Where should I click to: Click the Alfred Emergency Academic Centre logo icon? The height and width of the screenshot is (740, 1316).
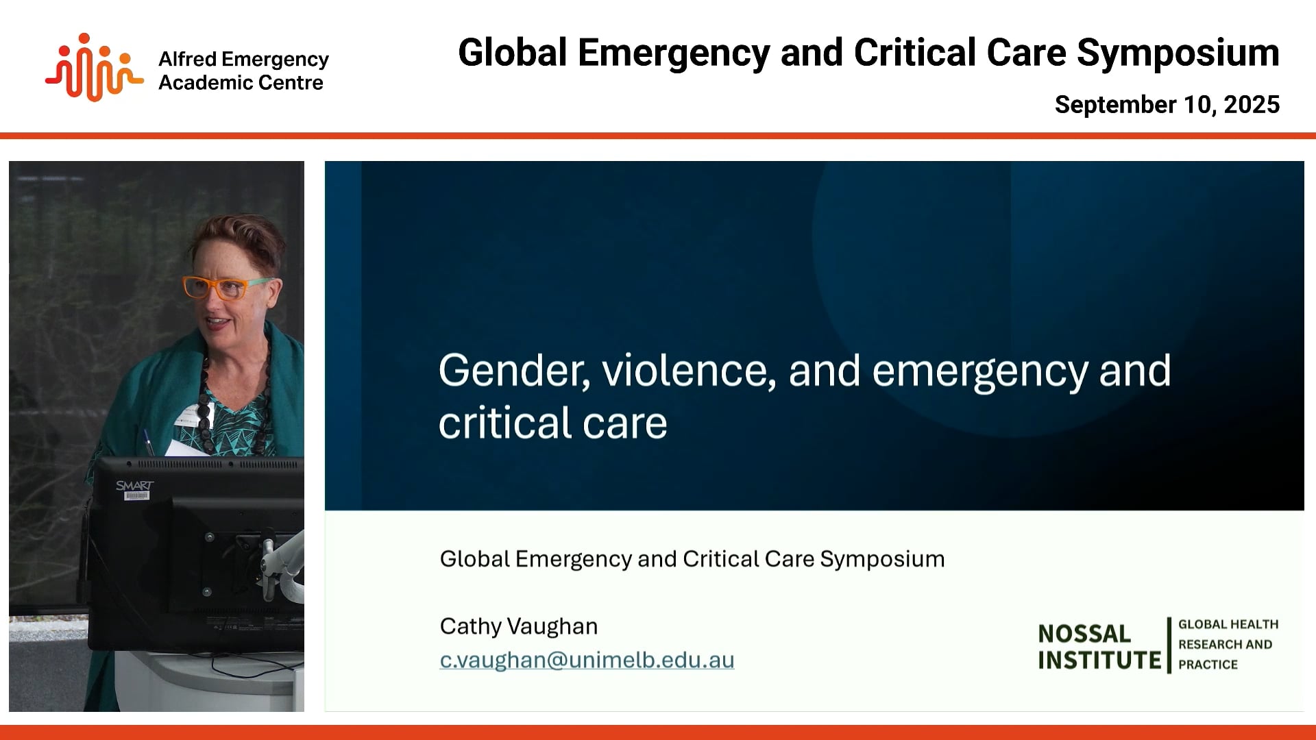pos(94,68)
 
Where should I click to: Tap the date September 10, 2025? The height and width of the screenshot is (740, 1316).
pos(1167,105)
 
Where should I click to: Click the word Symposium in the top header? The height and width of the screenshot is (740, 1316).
pos(1178,53)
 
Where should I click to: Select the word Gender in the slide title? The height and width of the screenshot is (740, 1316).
pos(514,371)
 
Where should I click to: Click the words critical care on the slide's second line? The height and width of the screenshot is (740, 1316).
pos(552,423)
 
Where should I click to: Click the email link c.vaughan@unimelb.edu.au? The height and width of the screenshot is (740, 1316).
pos(587,660)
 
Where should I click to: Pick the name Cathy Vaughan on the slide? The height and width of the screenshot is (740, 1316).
pos(519,626)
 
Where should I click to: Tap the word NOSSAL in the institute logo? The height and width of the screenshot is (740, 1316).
pos(1084,634)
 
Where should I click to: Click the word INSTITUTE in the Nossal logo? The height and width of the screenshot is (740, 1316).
pos(1099,661)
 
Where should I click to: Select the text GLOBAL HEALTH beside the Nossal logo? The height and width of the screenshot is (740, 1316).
pos(1228,624)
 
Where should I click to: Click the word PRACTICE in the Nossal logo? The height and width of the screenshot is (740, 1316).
pos(1208,665)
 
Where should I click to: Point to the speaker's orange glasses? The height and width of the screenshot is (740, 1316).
pos(218,287)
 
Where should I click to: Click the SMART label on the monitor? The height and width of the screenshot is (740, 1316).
pos(134,486)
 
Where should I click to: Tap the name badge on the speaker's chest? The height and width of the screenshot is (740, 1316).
pos(186,417)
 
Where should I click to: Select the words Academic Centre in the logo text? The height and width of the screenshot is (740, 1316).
pos(241,83)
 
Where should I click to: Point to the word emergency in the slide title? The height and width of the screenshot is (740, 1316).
pos(979,371)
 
